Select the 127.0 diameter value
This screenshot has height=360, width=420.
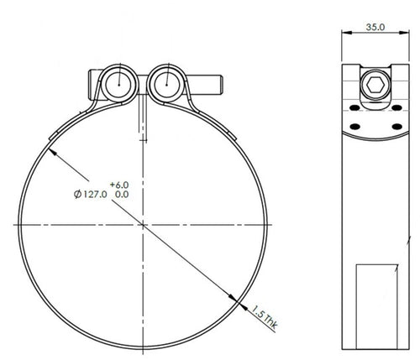pos(94,194)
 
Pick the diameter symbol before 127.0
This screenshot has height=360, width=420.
pos(78,194)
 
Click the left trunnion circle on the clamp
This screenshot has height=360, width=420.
pos(117,83)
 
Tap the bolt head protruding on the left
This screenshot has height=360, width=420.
pos(92,83)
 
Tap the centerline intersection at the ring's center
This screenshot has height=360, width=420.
pos(144,226)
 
